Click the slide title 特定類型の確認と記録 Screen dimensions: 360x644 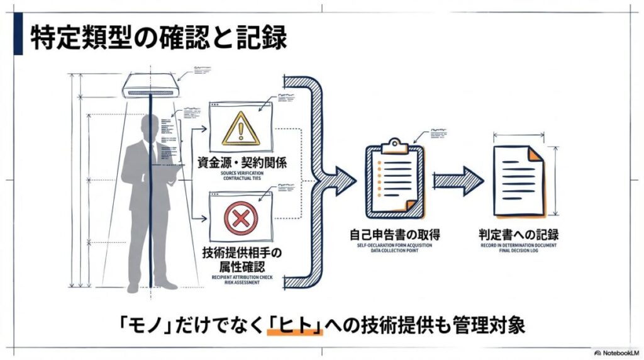(158, 38)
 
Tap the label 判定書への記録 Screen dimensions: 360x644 (518, 235)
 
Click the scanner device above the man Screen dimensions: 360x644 (151, 86)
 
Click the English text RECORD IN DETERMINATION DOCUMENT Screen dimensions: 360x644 (518, 245)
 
